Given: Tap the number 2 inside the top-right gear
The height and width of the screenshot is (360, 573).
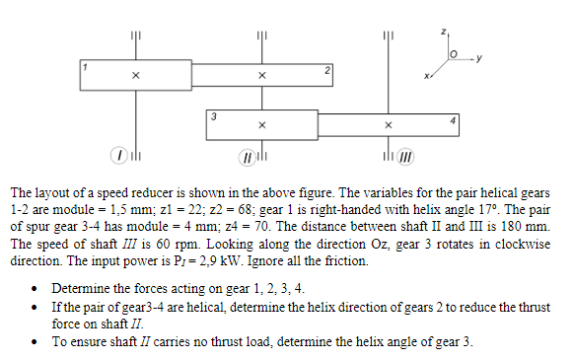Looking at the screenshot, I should coord(326,71).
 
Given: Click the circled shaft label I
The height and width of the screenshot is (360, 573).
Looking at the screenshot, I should coord(119,156).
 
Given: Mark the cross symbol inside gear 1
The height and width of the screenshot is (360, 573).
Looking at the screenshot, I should coord(136,75).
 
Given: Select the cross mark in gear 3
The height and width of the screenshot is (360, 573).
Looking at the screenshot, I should coord(261,125).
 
